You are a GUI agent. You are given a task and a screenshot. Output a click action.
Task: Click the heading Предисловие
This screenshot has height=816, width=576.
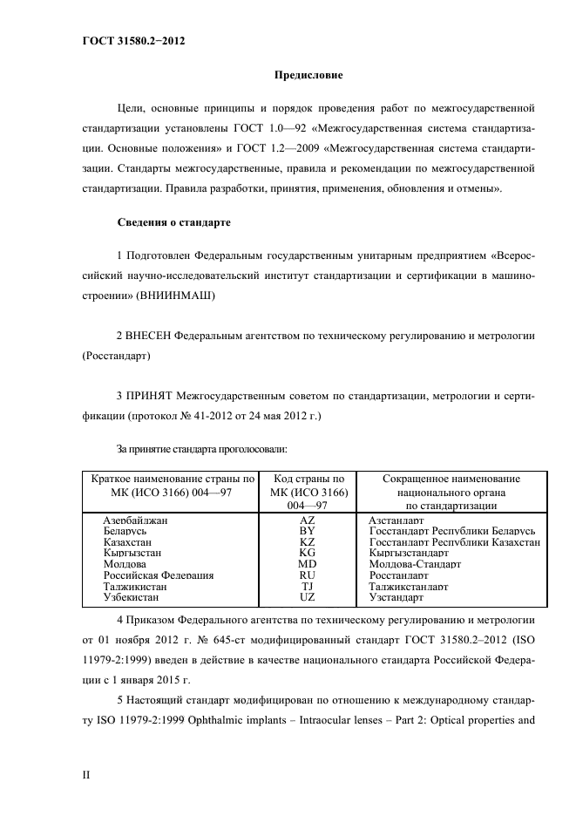click(308, 76)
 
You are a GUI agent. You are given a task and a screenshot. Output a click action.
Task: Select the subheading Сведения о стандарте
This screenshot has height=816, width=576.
click(173, 223)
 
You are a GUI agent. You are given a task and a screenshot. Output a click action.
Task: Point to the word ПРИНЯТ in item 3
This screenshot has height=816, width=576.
click(154, 397)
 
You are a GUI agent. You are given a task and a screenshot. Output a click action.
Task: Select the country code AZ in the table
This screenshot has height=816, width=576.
click(307, 520)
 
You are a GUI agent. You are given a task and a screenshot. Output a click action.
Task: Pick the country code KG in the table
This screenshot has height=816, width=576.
click(307, 553)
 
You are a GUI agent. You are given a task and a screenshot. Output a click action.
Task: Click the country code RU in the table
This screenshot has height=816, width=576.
click(307, 575)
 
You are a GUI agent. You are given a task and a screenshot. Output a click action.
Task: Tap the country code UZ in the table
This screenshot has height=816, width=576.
click(307, 598)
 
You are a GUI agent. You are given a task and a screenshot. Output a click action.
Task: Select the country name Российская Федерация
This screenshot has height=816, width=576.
click(158, 575)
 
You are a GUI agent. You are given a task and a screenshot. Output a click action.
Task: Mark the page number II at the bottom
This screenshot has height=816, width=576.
click(86, 773)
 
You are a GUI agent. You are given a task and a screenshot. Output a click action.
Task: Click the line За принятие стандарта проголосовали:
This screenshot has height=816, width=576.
click(202, 449)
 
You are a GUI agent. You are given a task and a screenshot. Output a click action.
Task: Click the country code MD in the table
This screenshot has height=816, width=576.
click(307, 564)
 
